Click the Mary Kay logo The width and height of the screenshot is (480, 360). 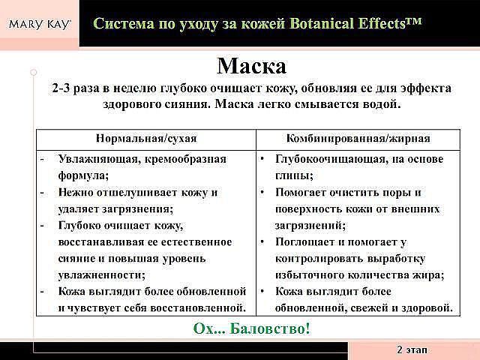pos(40,25)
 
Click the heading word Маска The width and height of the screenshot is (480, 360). pos(252,66)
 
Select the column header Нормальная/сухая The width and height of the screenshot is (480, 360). pos(146,139)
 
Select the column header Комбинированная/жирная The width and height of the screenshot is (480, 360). pos(358,139)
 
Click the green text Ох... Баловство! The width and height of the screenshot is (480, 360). pos(252,328)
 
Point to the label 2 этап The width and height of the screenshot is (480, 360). pos(412,349)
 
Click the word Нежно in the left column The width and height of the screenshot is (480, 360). pos(76,193)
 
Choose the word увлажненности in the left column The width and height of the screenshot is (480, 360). pos(102,275)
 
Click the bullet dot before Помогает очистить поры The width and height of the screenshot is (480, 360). pos(262,193)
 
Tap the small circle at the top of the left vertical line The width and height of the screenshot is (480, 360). pos(34,72)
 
